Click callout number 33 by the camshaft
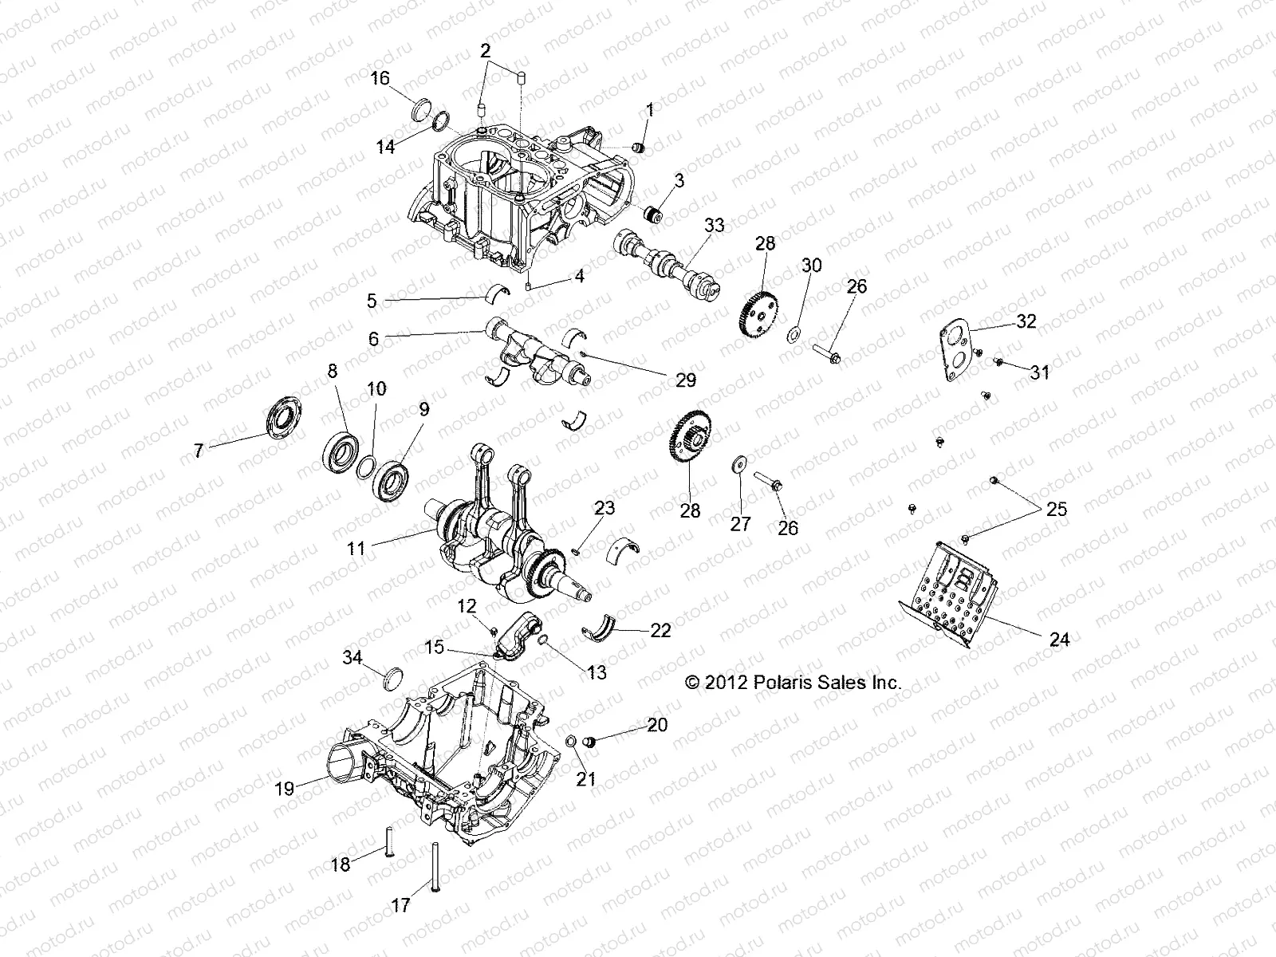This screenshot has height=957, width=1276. point(714,225)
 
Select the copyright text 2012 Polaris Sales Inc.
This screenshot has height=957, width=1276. point(793,683)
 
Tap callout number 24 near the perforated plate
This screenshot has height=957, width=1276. point(1060,639)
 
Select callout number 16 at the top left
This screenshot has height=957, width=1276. point(380,77)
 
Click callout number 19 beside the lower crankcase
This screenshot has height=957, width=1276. point(284,789)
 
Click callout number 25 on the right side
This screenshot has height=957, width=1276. point(1057,509)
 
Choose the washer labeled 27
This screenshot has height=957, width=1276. point(740,464)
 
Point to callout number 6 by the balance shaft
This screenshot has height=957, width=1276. point(374,338)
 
